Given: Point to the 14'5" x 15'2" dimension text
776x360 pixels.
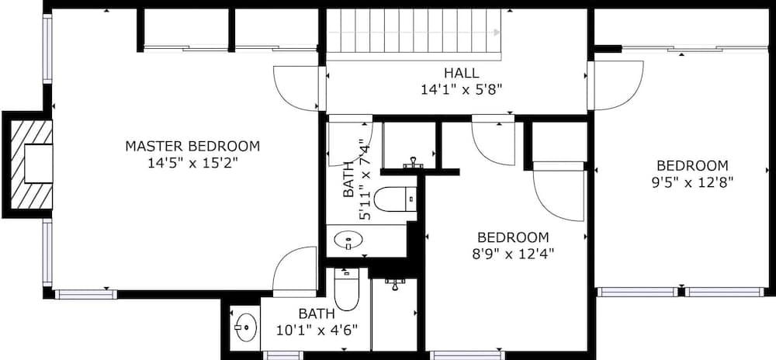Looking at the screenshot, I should click(x=192, y=163).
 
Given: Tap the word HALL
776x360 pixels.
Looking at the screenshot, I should click(x=461, y=73).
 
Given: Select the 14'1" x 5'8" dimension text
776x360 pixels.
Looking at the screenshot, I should click(x=461, y=89).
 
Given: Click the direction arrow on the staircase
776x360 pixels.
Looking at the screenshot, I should click(x=497, y=32).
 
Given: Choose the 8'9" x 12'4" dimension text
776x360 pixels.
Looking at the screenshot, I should click(x=513, y=253).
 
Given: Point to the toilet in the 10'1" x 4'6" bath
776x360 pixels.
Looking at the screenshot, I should click(x=346, y=290).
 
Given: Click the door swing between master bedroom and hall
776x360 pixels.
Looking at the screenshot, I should click(x=297, y=87).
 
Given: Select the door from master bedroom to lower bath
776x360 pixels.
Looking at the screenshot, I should click(x=296, y=272).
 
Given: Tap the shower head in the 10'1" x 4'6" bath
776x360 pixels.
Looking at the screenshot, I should click(x=395, y=284).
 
